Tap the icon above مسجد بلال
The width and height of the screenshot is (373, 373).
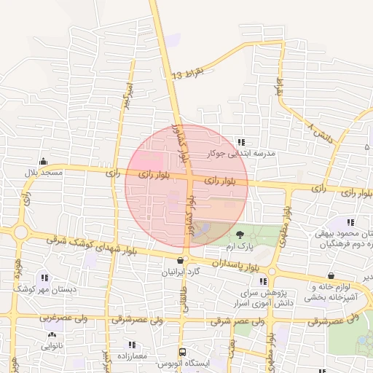point(43,161)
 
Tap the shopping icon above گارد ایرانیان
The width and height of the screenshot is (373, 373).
point(181,260)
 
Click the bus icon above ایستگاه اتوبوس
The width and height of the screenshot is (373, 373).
point(183,352)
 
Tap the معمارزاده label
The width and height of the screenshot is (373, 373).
point(131,356)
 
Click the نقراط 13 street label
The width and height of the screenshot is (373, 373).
point(192,71)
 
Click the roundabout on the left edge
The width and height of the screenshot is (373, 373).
point(20,233)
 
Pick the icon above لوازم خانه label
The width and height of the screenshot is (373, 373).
point(331,276)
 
